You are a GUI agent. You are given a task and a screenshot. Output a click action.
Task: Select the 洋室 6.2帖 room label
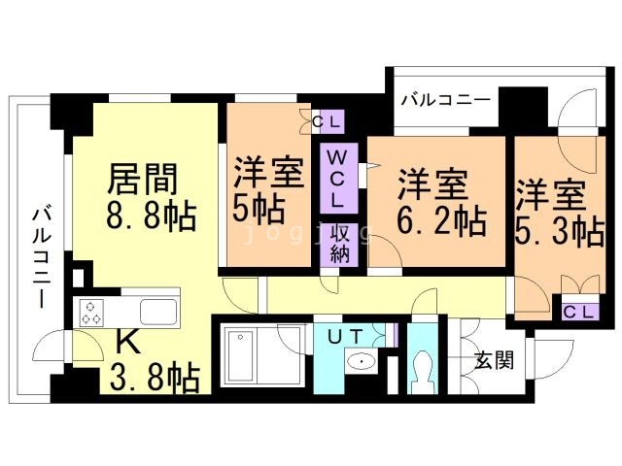(439, 202)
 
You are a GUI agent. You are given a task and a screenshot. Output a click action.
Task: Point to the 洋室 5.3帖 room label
(558, 212)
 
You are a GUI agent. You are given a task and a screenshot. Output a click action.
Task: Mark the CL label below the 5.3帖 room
(580, 312)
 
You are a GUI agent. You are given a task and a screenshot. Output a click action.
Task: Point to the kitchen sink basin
(157, 312)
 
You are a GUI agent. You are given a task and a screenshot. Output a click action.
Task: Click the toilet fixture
(423, 367)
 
